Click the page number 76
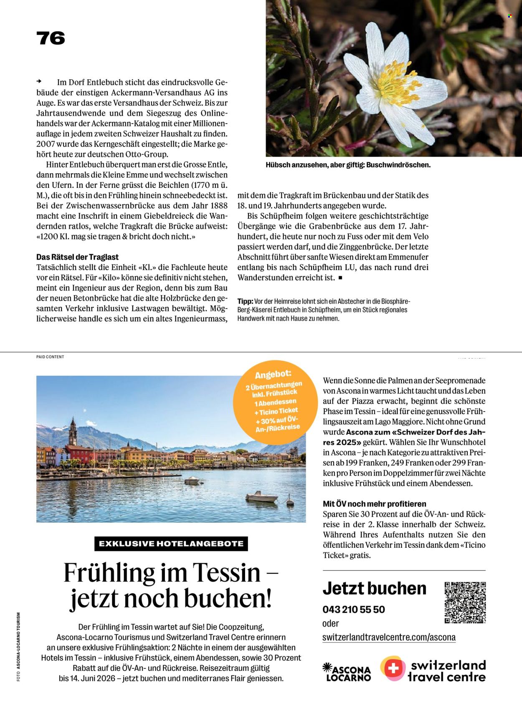point(51,38)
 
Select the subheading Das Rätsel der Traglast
point(77,257)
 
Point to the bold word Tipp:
point(245,301)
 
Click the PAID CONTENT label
point(50,357)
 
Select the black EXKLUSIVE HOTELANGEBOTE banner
point(171,544)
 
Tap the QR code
point(465,602)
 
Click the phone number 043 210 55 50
point(354,609)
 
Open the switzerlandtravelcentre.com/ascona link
point(389,638)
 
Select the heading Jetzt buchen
point(375,588)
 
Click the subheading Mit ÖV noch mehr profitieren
point(375,504)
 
